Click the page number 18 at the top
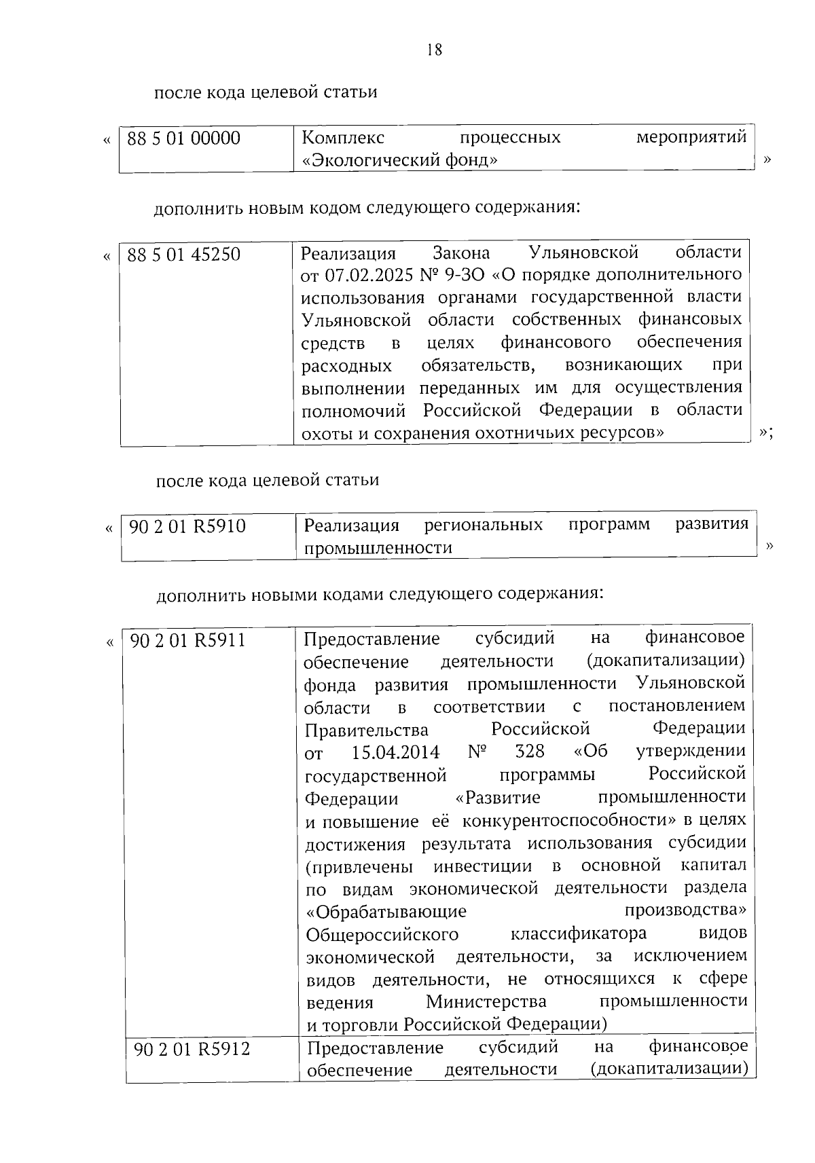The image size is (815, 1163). [435, 50]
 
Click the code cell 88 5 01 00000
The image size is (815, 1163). [184, 139]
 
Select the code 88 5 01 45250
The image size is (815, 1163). [184, 255]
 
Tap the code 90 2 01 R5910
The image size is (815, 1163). [187, 527]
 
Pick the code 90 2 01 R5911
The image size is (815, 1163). [187, 640]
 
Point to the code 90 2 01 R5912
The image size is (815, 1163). [192, 1049]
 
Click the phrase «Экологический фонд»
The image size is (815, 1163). [400, 161]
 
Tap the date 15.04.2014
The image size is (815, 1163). [396, 752]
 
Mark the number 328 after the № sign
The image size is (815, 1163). [530, 751]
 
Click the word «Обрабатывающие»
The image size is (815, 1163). [386, 911]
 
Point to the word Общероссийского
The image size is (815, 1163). [382, 934]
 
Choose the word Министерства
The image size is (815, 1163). [486, 1001]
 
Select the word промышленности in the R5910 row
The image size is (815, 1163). [378, 548]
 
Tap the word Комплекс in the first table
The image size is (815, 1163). [342, 138]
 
